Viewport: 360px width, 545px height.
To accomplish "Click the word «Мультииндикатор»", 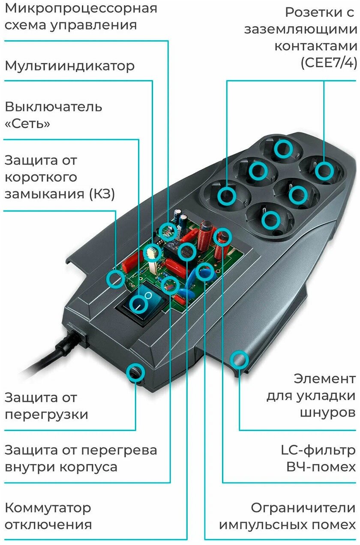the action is (69, 66).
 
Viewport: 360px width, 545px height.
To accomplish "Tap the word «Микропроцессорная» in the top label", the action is (81, 8).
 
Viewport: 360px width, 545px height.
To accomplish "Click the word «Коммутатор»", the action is (48, 508).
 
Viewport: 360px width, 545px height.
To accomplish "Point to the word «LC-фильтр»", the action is (318, 450).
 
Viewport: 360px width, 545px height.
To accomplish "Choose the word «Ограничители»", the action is (303, 508).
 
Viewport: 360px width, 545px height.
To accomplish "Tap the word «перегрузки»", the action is (46, 414).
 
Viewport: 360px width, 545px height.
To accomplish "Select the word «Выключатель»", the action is (53, 106).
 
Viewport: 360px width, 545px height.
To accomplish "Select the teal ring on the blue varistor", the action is (205, 272).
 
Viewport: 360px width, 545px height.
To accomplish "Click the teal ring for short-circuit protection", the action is (115, 278).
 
